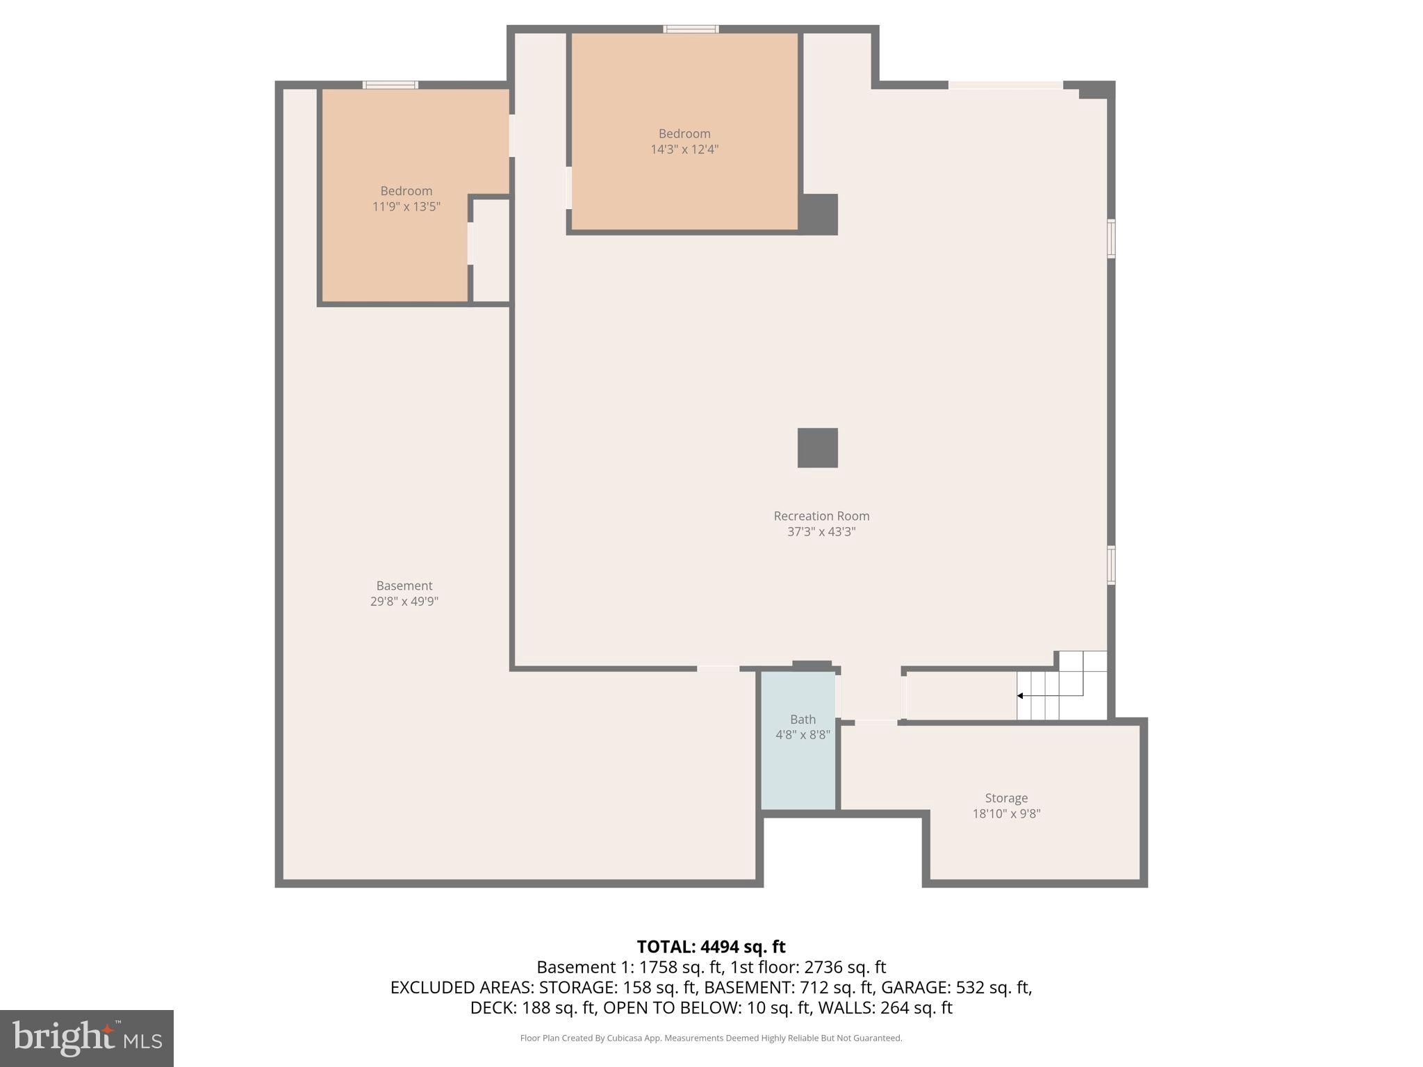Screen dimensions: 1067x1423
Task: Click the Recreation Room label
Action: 821,516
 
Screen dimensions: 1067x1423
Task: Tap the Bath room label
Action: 803,720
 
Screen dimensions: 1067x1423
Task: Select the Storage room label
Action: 1005,798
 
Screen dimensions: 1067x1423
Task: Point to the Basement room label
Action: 404,586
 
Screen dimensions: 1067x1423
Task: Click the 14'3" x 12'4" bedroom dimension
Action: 684,149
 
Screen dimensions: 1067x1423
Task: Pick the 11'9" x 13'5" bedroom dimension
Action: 406,206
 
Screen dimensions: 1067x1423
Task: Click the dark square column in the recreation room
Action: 817,448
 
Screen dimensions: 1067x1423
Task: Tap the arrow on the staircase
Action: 1021,695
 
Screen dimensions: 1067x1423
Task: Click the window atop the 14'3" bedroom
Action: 691,29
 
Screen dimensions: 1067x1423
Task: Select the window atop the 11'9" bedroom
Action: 390,85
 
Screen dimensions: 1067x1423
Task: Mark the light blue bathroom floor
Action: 798,771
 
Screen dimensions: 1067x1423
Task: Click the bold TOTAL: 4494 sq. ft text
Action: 711,947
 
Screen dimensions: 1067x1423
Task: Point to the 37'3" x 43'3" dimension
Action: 821,532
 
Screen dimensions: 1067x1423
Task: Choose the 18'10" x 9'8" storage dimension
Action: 1005,814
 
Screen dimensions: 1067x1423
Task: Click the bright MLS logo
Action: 87,1039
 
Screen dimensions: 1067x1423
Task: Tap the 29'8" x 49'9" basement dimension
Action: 404,602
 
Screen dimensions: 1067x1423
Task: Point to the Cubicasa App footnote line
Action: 711,1038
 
